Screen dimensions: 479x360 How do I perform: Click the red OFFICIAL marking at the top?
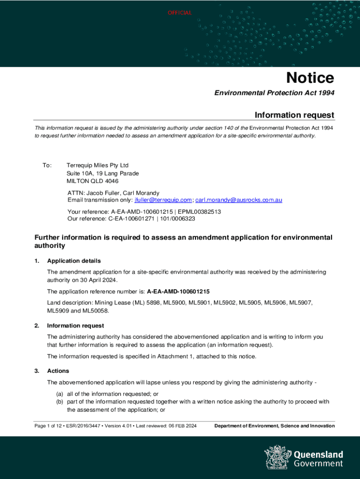click(180, 13)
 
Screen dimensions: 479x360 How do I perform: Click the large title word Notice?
click(310, 78)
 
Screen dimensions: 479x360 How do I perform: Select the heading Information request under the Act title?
click(294, 115)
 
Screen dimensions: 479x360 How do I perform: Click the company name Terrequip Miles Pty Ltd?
click(97, 166)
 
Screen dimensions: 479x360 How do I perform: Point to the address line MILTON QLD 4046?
click(93, 181)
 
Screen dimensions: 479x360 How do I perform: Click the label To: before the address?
click(47, 166)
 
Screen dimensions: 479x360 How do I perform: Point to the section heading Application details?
click(74, 261)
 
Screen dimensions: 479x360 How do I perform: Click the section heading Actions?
click(58, 371)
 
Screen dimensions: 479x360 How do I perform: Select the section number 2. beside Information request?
click(37, 326)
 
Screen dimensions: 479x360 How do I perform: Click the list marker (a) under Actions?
click(60, 394)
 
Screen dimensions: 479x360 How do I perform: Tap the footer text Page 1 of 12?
click(50, 426)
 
